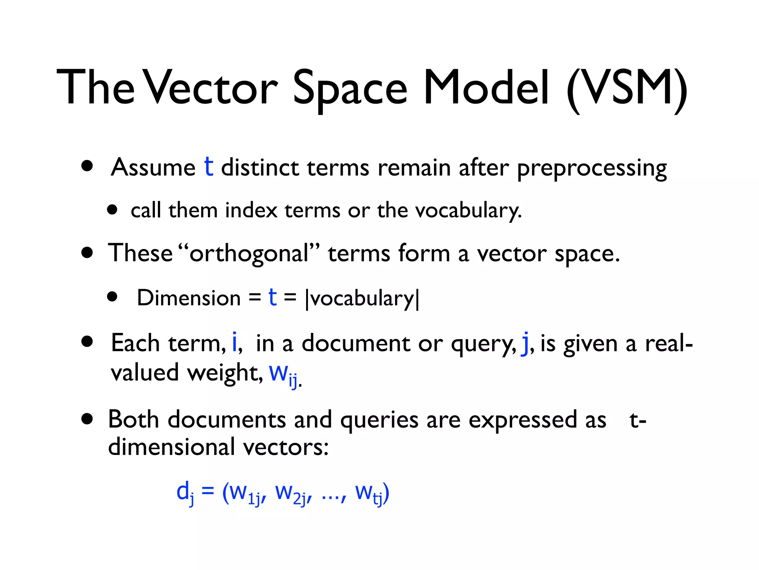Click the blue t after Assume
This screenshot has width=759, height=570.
209,167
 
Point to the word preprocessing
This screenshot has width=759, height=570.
591,169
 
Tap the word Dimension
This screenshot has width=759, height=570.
189,298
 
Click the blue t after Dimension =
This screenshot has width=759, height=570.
272,297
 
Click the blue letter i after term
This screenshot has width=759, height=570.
234,342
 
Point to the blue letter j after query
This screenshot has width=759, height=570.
525,344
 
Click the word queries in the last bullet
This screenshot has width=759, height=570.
379,420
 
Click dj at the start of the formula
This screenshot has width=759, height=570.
185,492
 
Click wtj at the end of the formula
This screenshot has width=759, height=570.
369,494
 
